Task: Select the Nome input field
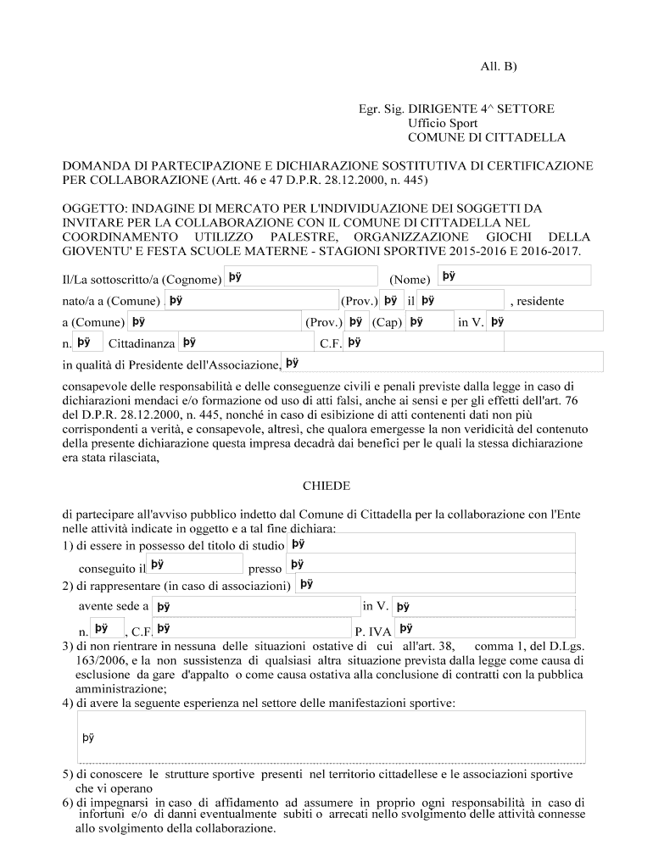coord(514,275)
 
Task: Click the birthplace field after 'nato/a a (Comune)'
coord(251,299)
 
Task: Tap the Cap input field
coord(428,321)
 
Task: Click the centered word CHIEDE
coord(326,486)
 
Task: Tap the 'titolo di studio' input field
coord(430,544)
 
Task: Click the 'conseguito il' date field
coord(195,565)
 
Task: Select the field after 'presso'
coord(430,565)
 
